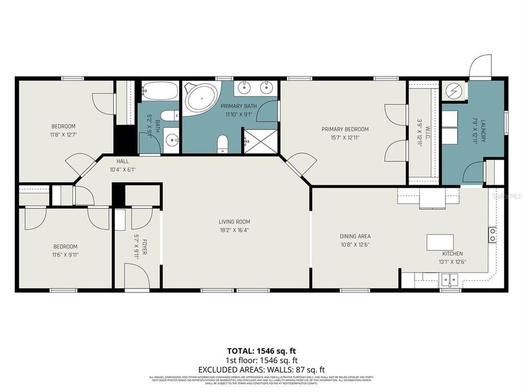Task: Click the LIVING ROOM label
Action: [x=234, y=222]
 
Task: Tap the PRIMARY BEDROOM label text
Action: [x=344, y=129]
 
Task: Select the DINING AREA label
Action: [x=355, y=236]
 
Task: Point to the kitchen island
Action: [x=440, y=241]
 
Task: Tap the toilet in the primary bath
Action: [x=222, y=144]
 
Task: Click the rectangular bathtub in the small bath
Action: [x=160, y=91]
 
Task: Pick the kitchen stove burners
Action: [x=492, y=235]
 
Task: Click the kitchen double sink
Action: [x=449, y=279]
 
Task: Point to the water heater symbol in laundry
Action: [x=454, y=91]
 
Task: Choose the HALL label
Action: [x=122, y=161]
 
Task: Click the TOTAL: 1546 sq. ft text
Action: [x=261, y=351]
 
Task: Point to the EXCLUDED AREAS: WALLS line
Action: [x=261, y=370]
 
